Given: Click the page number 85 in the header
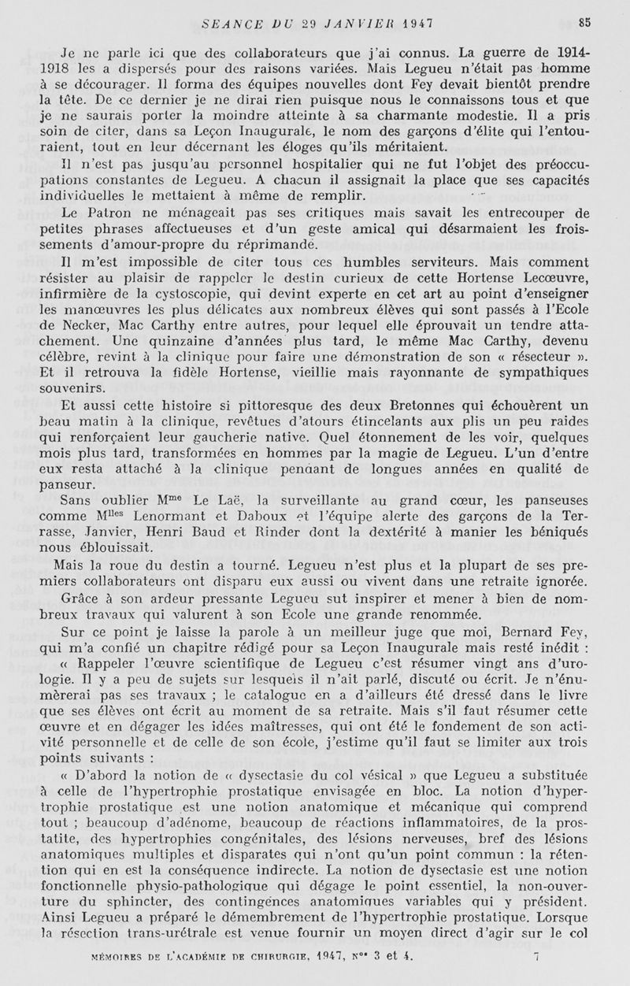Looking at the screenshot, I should tap(584, 22).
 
